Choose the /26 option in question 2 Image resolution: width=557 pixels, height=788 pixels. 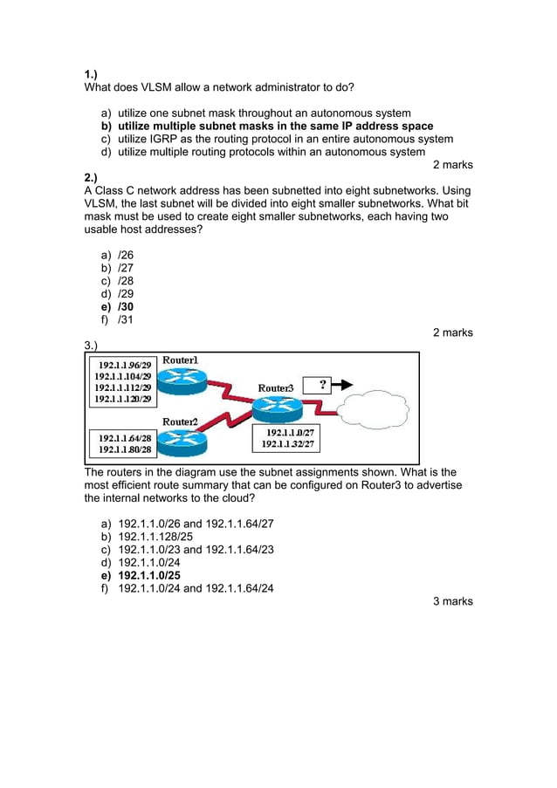[126, 256]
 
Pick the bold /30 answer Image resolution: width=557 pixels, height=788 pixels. [126, 307]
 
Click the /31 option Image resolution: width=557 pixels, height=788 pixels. [126, 320]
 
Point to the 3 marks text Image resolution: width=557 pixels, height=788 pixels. [452, 601]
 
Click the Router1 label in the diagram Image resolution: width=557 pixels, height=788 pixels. [181, 360]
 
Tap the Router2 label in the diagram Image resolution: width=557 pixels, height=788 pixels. [181, 421]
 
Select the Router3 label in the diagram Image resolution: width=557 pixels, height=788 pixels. [276, 387]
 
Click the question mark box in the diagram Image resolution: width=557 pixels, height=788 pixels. [322, 384]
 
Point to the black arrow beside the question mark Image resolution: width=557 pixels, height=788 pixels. [345, 384]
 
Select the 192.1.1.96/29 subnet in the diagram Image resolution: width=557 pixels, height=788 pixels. [124, 365]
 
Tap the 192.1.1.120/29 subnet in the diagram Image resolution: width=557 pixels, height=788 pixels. [124, 399]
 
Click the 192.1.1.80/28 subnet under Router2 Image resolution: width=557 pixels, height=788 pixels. [125, 449]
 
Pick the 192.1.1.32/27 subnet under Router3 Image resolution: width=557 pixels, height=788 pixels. [288, 444]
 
